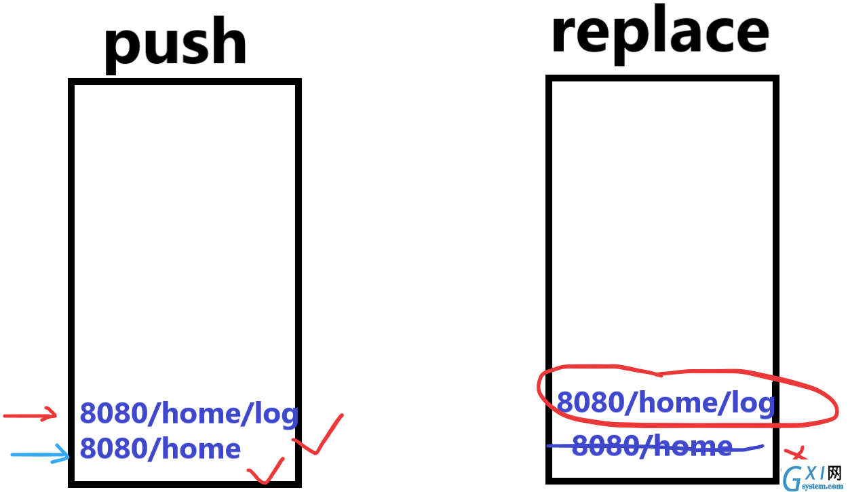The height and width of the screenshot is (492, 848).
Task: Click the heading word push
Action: (x=175, y=45)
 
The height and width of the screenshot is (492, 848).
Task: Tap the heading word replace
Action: (x=661, y=33)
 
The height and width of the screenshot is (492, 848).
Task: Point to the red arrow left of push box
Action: (x=30, y=414)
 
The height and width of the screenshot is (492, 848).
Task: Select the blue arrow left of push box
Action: (x=40, y=454)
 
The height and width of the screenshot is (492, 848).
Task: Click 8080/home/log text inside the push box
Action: (x=189, y=414)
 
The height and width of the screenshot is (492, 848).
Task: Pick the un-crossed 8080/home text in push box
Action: (x=160, y=448)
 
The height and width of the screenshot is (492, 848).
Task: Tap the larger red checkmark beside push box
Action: (x=318, y=434)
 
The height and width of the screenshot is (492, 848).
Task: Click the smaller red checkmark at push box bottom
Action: (x=266, y=471)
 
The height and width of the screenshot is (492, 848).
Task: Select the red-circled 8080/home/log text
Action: (x=666, y=402)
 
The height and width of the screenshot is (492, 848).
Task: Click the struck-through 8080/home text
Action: (x=652, y=446)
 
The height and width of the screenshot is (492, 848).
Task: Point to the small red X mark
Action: (x=795, y=453)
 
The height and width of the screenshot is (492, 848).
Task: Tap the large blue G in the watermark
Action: (x=792, y=478)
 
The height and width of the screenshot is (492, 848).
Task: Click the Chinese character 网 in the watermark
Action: (x=834, y=473)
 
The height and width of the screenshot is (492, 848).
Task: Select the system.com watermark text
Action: (x=822, y=486)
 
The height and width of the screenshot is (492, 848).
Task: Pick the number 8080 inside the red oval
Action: (x=591, y=402)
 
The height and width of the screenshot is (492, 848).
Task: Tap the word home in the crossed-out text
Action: (x=693, y=446)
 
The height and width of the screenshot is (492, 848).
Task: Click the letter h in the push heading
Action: (x=227, y=40)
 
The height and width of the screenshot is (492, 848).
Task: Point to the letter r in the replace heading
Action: (x=565, y=35)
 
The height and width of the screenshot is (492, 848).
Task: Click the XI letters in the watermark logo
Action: (x=814, y=473)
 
